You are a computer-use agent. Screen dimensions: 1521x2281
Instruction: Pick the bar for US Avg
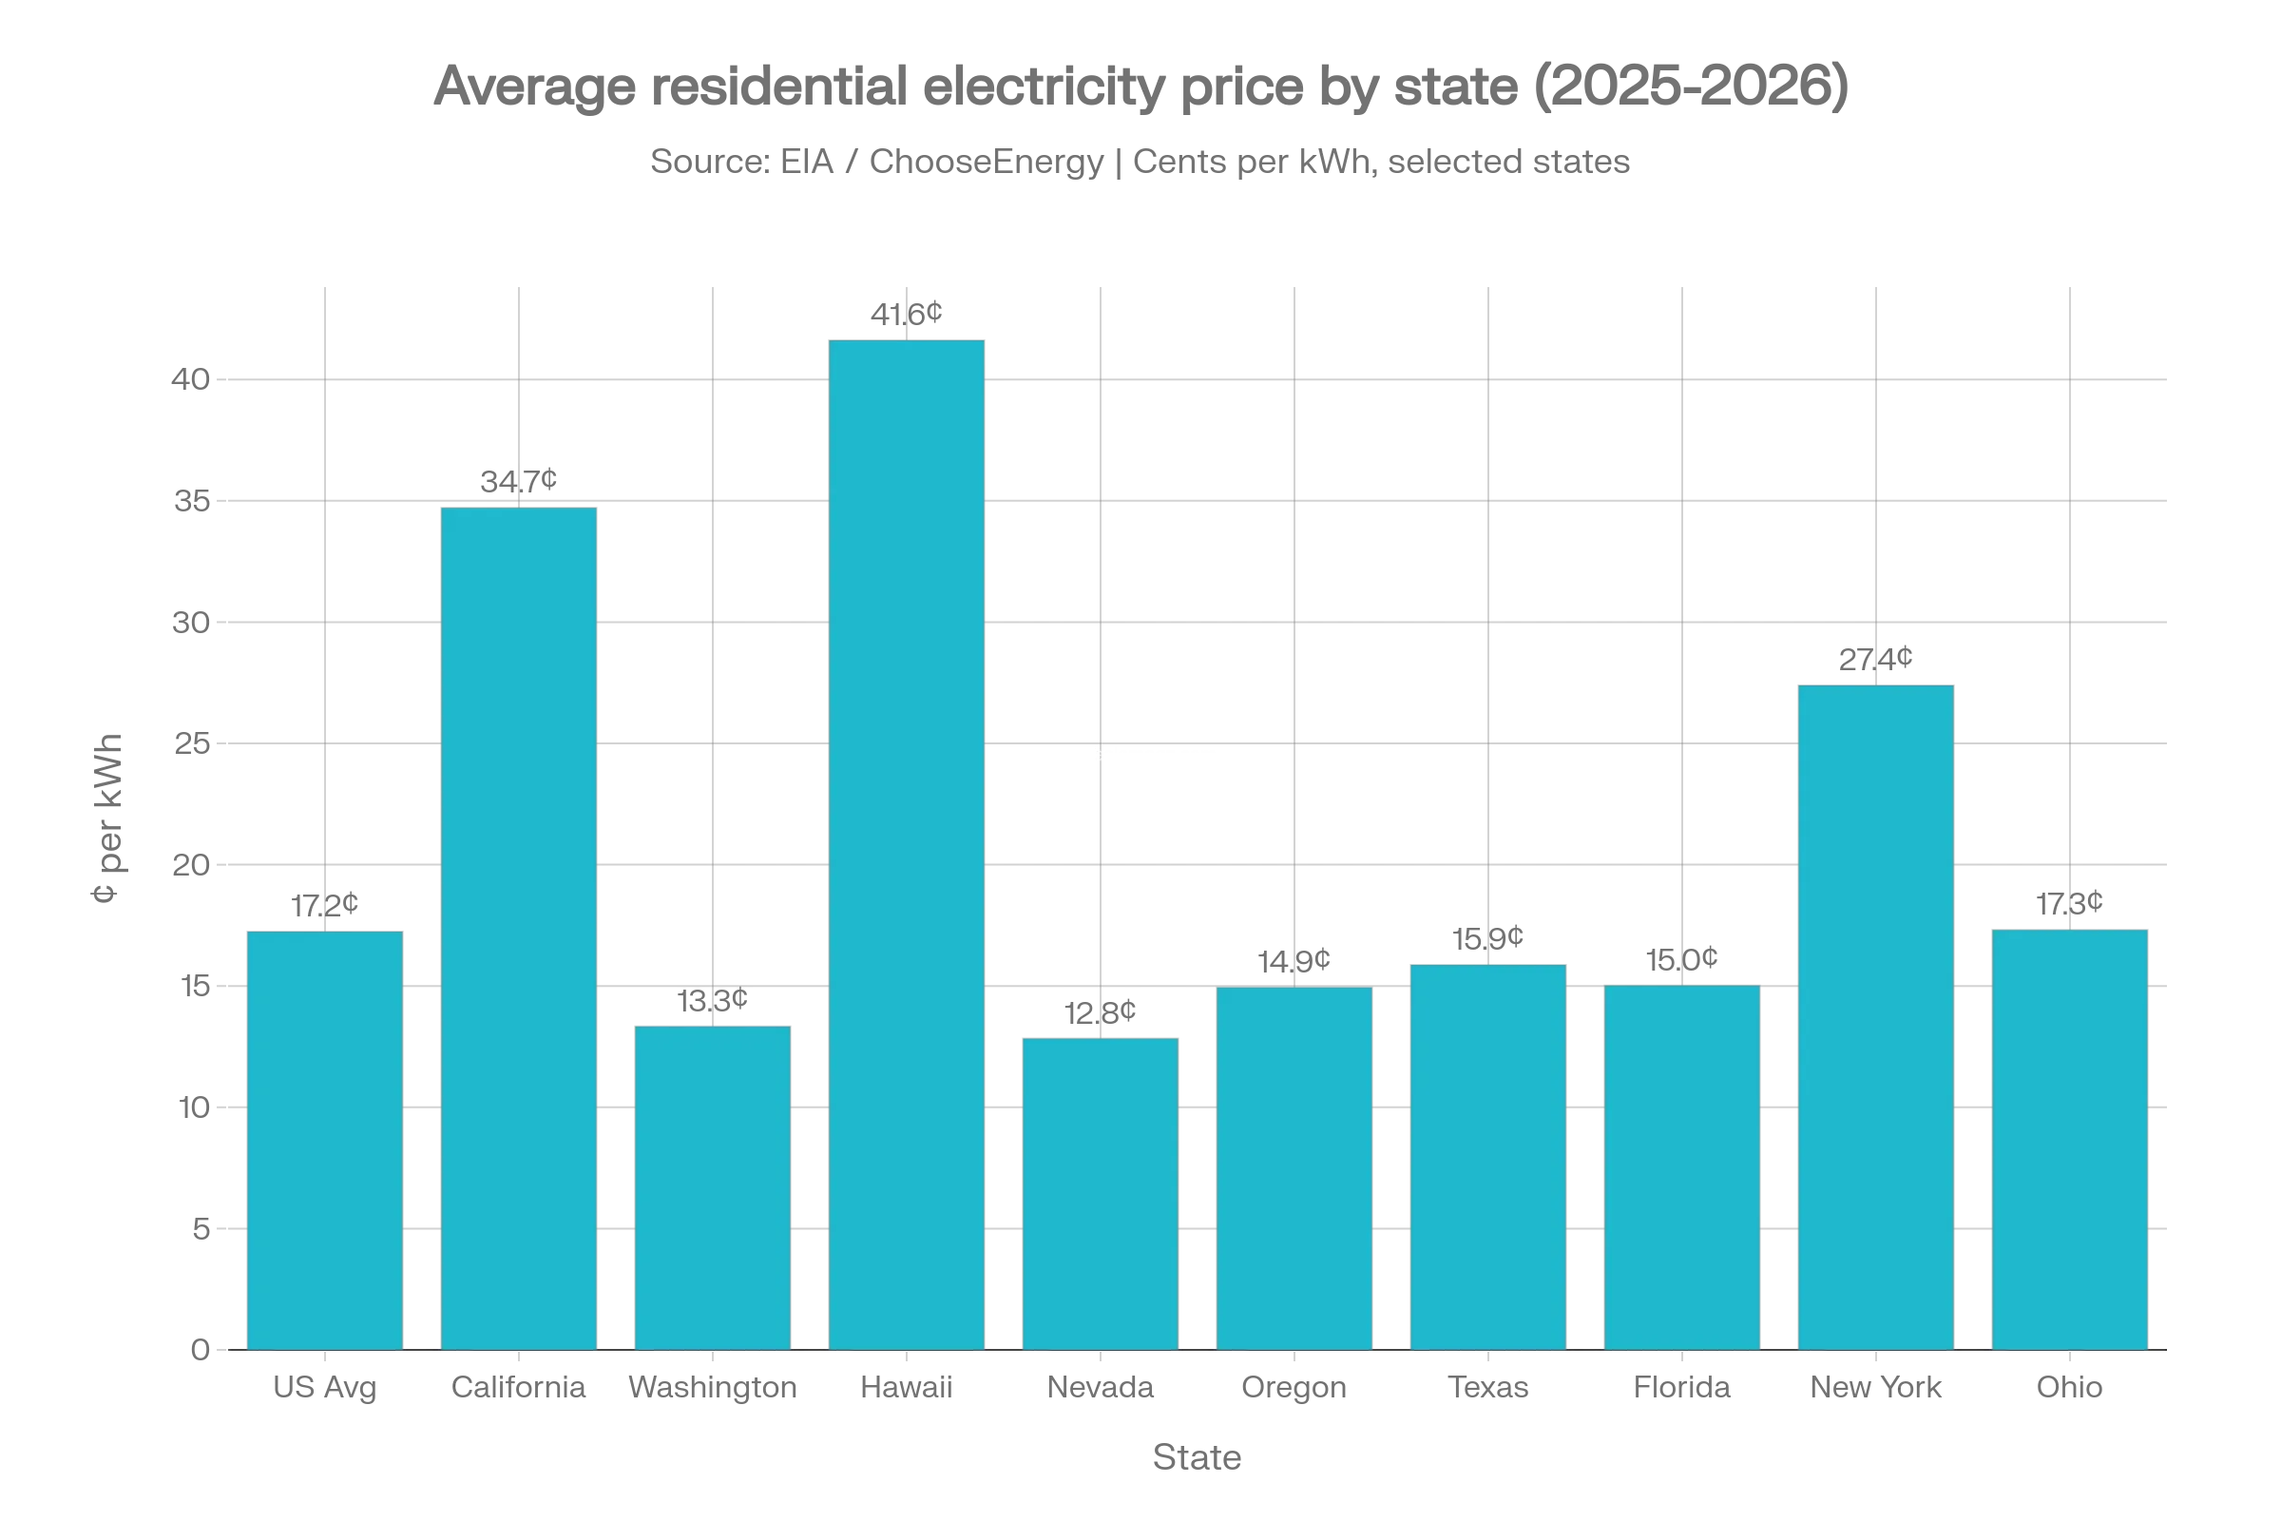click(325, 1139)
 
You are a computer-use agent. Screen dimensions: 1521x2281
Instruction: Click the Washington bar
click(713, 1184)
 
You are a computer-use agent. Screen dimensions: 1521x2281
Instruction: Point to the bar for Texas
click(1488, 1154)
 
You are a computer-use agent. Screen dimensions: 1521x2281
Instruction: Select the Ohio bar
click(2069, 1139)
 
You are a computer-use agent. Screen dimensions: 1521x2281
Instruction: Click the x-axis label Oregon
click(1293, 1386)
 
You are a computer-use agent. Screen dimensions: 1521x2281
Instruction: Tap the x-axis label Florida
click(1681, 1386)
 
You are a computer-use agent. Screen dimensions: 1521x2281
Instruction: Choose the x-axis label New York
click(1876, 1386)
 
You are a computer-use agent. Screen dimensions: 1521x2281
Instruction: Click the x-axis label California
click(519, 1386)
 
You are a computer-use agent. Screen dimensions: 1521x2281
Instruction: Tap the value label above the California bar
click(519, 479)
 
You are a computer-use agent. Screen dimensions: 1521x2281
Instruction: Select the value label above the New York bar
click(1876, 661)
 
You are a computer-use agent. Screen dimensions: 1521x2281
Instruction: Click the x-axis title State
click(1196, 1458)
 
